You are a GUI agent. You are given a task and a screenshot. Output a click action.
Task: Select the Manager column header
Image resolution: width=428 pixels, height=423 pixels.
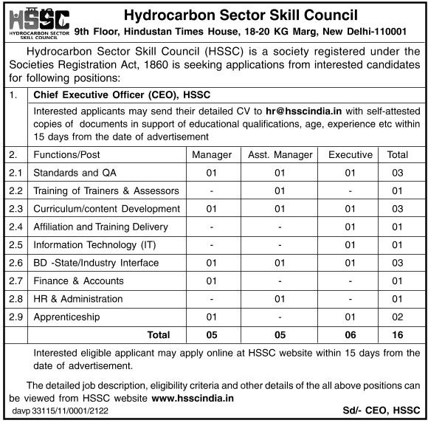(212, 155)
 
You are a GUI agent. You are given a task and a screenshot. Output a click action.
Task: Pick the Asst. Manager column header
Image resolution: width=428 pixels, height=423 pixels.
(280, 155)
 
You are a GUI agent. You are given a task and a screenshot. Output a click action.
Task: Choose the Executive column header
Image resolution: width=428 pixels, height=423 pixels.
(351, 155)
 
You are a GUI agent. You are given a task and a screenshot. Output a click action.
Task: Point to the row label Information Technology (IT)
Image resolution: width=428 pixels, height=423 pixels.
(95, 245)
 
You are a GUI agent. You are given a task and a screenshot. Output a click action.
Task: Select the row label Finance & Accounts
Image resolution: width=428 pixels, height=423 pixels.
(78, 281)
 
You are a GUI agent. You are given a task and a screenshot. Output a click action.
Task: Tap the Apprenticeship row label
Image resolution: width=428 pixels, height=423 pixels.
(66, 317)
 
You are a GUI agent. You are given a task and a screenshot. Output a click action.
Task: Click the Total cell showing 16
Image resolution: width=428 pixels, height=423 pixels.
(398, 335)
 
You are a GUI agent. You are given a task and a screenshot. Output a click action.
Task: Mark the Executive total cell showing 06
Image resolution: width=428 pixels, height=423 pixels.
(351, 335)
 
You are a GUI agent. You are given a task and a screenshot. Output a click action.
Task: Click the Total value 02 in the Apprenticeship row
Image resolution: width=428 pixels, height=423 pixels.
(398, 317)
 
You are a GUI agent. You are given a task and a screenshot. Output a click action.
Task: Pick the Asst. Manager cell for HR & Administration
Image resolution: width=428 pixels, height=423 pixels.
(280, 299)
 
